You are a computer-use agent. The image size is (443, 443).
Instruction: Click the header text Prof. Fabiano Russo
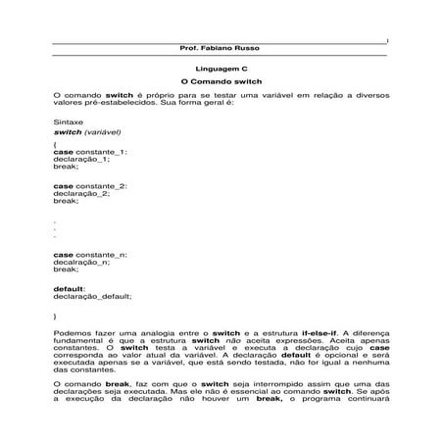pyautogui.click(x=221, y=48)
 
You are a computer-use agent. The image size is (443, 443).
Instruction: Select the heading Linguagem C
pyautogui.click(x=221, y=72)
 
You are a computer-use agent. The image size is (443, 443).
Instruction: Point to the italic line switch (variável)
pyautogui.click(x=88, y=131)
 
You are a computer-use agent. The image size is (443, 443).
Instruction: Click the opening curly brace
pyautogui.click(x=55, y=144)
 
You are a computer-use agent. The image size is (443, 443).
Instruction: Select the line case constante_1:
pyautogui.click(x=89, y=152)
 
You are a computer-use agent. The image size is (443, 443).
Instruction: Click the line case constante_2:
pyautogui.click(x=89, y=184)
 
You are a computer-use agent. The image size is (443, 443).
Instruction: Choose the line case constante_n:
pyautogui.click(x=89, y=254)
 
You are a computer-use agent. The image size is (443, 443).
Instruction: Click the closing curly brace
pyautogui.click(x=55, y=319)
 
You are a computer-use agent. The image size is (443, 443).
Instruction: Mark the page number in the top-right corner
pyautogui.click(x=388, y=40)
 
